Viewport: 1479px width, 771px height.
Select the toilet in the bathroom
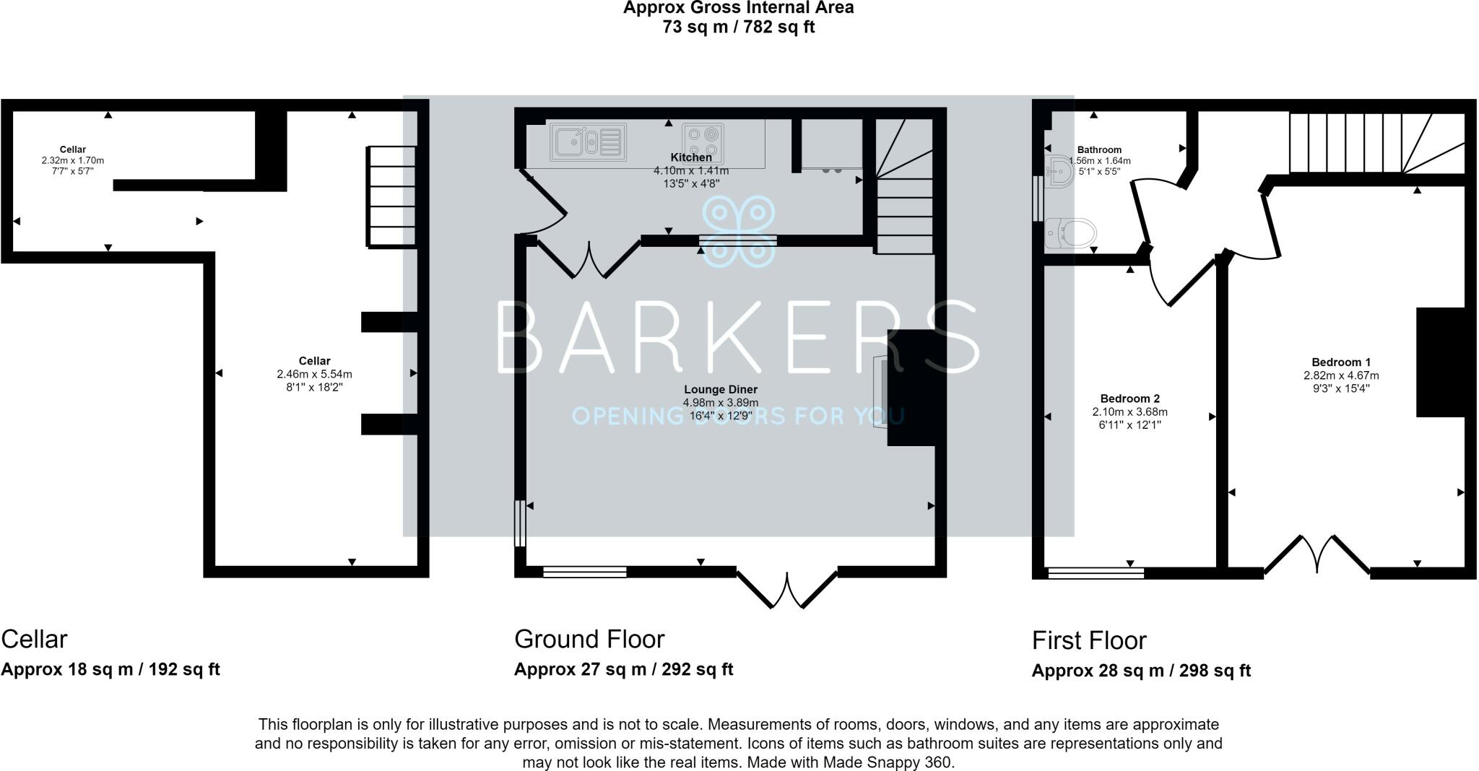[1071, 233]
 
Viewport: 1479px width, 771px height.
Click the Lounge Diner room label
[721, 390]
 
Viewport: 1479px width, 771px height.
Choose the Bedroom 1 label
[1341, 362]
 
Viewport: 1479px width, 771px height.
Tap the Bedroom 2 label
[1130, 398]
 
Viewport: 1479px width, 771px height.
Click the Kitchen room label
[691, 157]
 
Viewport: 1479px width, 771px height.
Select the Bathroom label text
[1099, 150]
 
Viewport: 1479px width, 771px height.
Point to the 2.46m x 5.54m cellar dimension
[314, 375]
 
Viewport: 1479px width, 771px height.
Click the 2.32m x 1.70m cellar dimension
[73, 161]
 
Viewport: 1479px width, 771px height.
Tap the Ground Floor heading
[589, 639]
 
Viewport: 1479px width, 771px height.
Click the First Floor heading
[1089, 640]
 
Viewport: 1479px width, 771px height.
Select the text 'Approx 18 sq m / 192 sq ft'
[110, 669]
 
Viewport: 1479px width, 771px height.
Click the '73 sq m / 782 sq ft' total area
[738, 28]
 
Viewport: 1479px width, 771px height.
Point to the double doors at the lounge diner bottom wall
[787, 589]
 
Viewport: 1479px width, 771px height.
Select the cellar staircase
[393, 197]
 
